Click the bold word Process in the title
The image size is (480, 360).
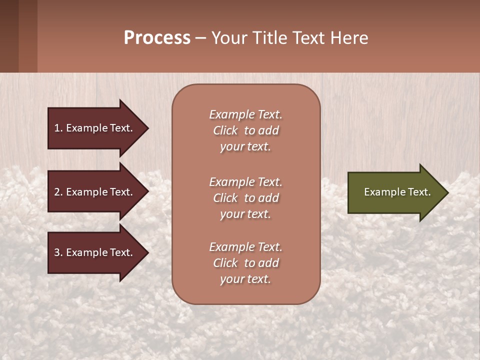157,38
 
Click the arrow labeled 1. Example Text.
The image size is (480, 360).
95,128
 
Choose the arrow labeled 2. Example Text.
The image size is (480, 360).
95,192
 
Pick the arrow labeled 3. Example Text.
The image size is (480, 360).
95,252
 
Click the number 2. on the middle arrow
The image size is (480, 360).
58,192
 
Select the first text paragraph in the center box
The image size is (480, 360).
245,130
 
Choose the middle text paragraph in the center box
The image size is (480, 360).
245,198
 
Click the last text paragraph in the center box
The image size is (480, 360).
245,263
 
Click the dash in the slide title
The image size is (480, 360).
200,38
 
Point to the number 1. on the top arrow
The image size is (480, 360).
58,128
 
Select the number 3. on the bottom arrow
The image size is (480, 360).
58,252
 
